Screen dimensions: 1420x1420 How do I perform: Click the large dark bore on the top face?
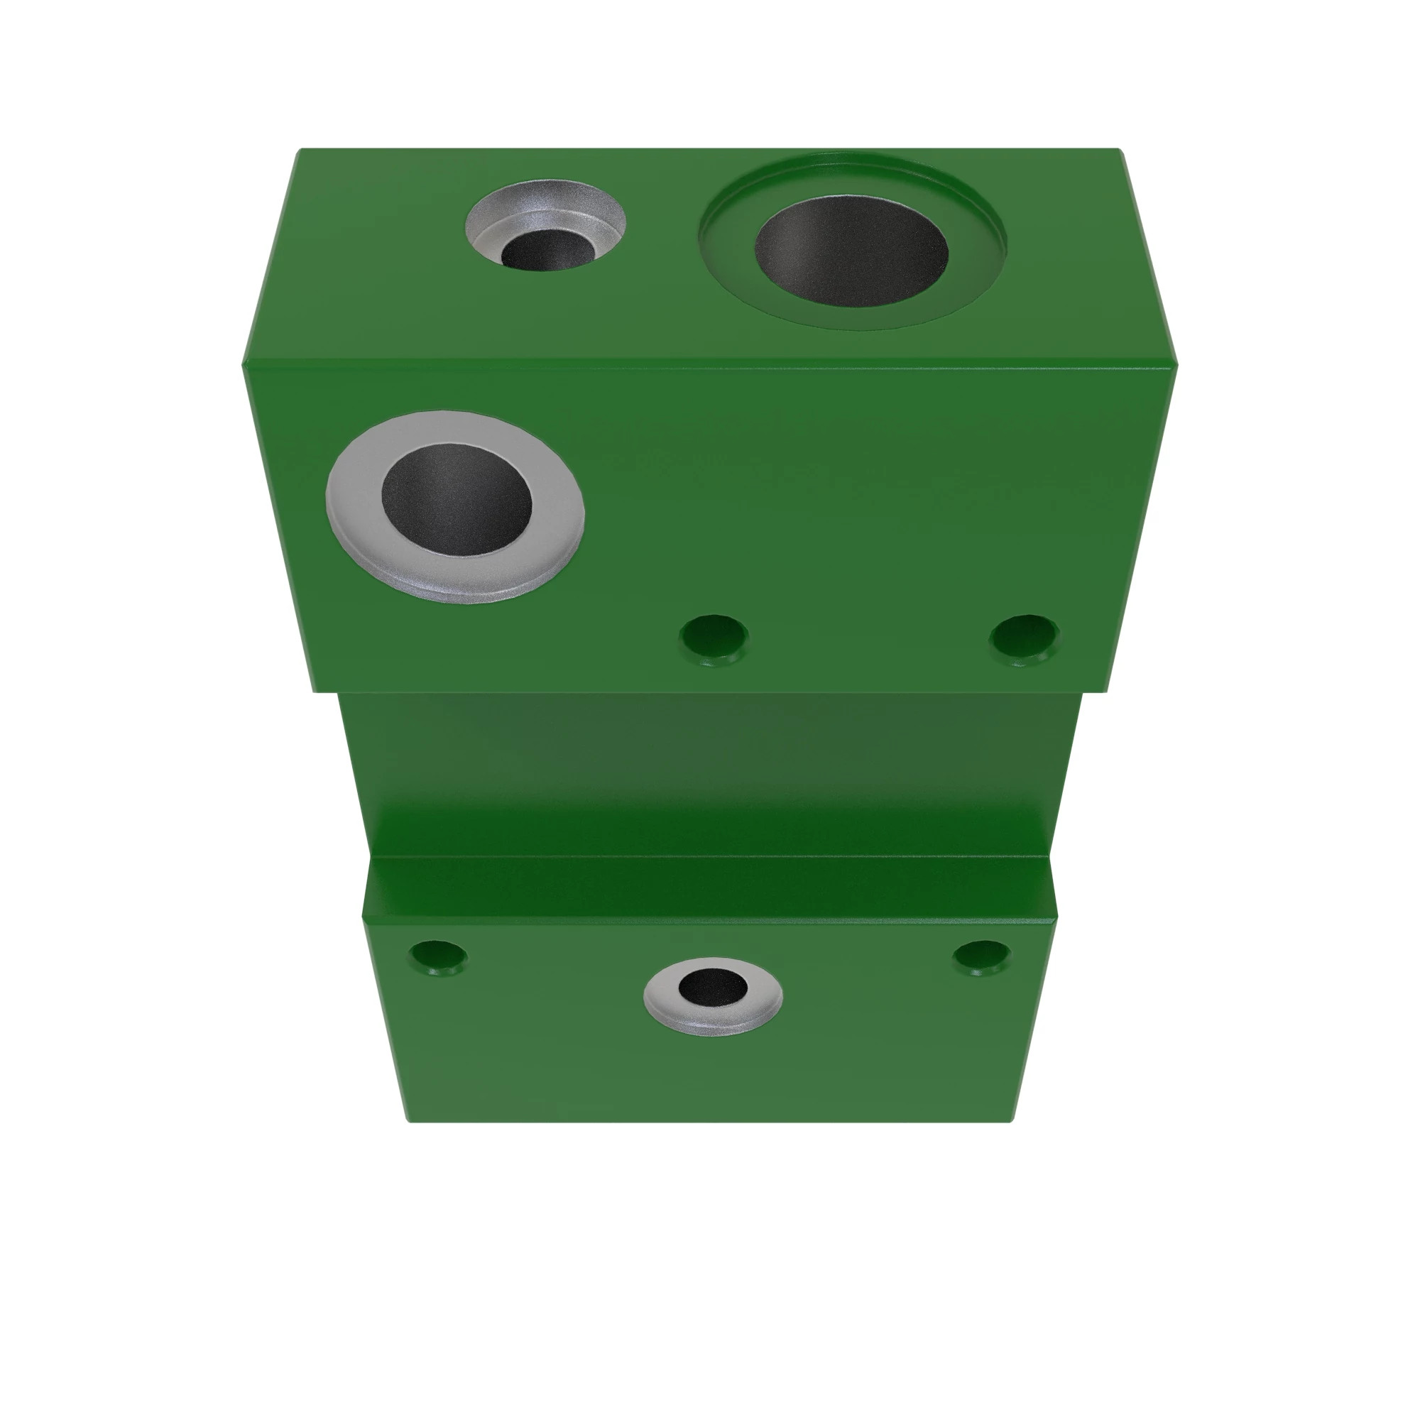(851, 251)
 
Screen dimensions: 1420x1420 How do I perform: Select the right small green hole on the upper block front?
(1025, 636)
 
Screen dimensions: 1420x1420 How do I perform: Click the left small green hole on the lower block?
(438, 956)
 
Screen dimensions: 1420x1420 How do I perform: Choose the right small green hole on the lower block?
(982, 956)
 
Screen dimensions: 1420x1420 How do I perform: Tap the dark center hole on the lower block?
(711, 985)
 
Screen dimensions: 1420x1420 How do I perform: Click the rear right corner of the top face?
(1120, 151)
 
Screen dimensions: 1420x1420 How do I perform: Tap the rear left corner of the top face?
(300, 151)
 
